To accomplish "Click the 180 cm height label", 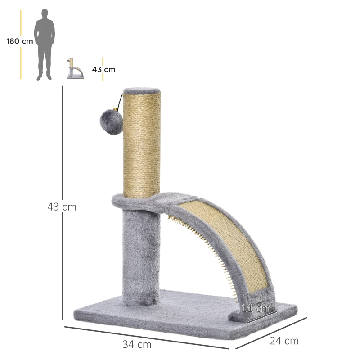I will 20,41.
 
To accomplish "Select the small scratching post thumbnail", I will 75,68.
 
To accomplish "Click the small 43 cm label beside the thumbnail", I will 103,69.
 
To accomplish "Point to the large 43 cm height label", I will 62,207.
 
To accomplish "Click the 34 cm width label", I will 137,345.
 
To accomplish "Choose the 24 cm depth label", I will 284,341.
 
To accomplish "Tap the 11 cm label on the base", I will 256,309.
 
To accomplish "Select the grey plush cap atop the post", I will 142,90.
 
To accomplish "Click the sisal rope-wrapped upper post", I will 142,144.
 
